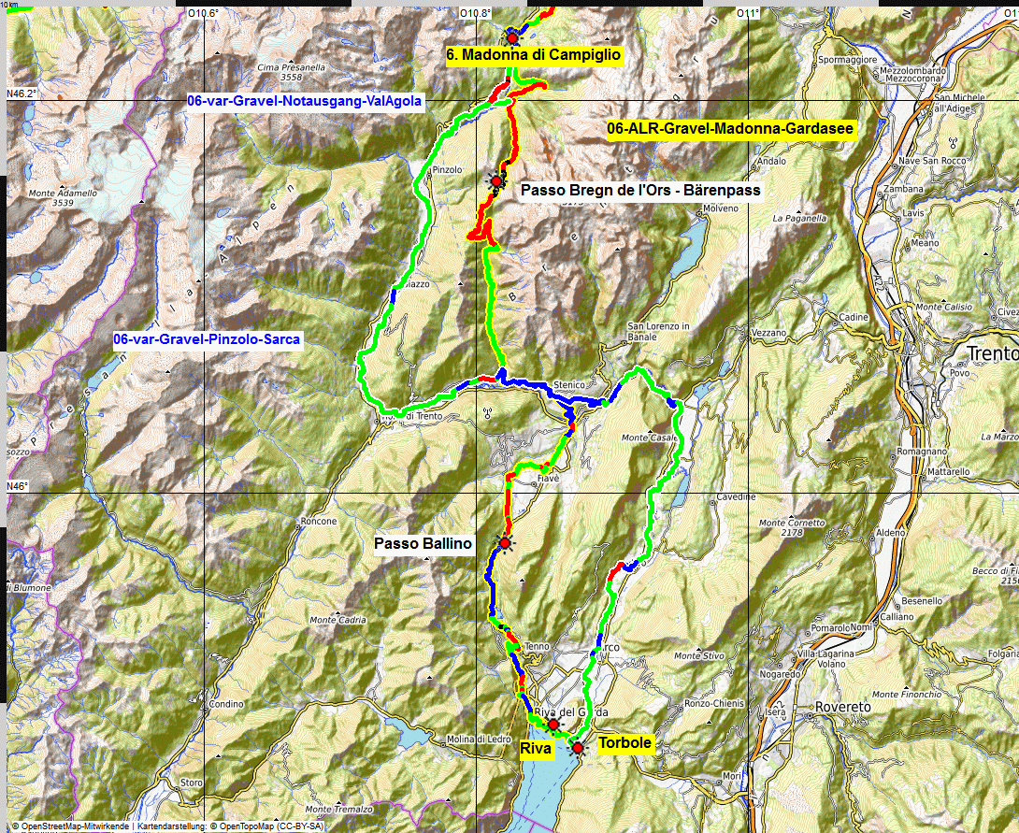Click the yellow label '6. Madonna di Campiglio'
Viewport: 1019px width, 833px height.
coord(533,55)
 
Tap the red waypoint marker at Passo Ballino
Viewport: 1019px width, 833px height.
coord(506,543)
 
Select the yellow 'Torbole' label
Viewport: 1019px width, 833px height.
coord(624,743)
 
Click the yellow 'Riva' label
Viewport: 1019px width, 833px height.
coord(536,749)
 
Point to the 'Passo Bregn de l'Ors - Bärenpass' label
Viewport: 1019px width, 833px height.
coord(640,190)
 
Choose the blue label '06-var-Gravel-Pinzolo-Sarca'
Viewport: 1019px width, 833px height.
coord(207,339)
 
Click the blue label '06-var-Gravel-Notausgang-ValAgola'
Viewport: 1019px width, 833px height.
coord(305,100)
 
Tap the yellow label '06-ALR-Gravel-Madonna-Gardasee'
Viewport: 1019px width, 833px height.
coord(730,129)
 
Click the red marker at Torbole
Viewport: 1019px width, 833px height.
coord(578,748)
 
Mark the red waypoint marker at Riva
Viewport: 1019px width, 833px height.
coord(553,725)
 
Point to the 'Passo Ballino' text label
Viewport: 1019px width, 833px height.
coord(423,544)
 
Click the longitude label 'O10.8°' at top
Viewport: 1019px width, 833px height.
coord(476,13)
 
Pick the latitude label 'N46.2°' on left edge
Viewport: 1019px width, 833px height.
coord(21,93)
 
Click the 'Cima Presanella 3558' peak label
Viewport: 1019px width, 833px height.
coord(291,73)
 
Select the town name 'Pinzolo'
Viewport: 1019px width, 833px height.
coord(448,169)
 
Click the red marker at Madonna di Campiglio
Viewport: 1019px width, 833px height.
coord(512,37)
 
